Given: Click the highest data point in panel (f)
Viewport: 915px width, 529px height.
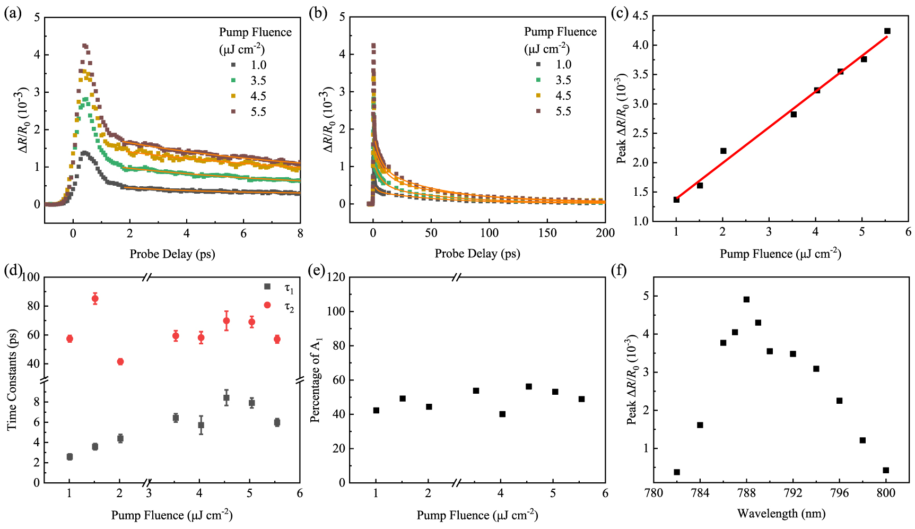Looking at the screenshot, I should [x=746, y=299].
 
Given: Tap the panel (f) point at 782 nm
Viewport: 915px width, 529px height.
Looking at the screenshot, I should [x=677, y=472].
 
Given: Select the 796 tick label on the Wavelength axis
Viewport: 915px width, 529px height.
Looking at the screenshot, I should [x=839, y=493].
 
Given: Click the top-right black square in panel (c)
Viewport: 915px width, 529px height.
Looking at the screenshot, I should [x=887, y=31].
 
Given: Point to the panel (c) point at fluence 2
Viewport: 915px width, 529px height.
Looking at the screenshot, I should [x=723, y=151].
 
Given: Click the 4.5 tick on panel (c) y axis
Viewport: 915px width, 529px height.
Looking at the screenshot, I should [x=640, y=16].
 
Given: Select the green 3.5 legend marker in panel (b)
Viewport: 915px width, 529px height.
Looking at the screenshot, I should [x=538, y=80].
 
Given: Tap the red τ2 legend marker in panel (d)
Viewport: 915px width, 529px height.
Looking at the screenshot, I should [x=267, y=305].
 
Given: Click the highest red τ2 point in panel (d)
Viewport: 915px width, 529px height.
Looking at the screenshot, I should [x=95, y=299].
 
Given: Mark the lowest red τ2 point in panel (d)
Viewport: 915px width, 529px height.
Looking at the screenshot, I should [x=120, y=362].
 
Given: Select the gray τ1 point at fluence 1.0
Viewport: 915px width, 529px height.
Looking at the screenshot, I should [x=69, y=457].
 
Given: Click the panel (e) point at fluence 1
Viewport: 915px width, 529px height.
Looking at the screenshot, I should [x=376, y=410].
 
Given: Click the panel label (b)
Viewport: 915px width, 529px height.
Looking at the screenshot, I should [x=317, y=13].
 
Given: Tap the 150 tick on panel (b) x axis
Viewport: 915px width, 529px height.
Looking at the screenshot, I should [x=547, y=233].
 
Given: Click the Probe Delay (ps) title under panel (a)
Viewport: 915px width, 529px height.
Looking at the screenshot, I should [x=172, y=254].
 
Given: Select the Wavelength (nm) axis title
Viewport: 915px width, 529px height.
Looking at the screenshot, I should [x=781, y=514].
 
